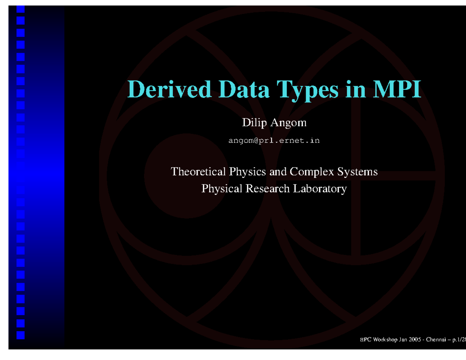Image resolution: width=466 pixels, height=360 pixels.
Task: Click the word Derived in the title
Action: [x=170, y=89]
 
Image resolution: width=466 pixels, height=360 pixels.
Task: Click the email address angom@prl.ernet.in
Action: [x=274, y=141]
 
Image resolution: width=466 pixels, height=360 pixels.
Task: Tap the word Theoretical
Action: [x=198, y=171]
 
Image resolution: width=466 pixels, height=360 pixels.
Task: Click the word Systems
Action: [x=358, y=172]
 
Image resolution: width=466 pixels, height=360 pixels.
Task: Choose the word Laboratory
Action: [x=319, y=189]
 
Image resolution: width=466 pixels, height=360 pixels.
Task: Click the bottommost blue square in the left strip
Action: [x=21, y=335]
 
